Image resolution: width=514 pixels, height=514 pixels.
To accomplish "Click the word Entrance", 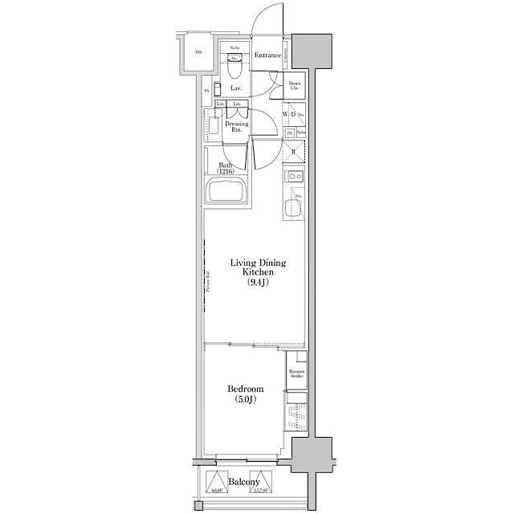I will pyautogui.click(x=267, y=55).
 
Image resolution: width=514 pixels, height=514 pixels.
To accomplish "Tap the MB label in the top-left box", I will pyautogui.click(x=198, y=54).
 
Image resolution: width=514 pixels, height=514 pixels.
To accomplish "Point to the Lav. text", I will pyautogui.click(x=236, y=88).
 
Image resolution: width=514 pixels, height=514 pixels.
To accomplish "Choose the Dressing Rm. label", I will pyautogui.click(x=236, y=126).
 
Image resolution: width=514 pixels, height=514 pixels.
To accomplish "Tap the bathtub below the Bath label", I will pyautogui.click(x=229, y=192).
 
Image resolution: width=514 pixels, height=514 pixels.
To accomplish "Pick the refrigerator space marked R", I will pyautogui.click(x=294, y=151).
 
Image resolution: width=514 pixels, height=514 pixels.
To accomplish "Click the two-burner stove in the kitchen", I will pyautogui.click(x=294, y=177).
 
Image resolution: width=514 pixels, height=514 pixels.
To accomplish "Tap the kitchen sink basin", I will pyautogui.click(x=294, y=207).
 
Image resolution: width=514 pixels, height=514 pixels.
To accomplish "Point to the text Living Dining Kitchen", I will pyautogui.click(x=258, y=267).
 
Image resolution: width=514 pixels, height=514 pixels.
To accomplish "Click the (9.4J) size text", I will pyautogui.click(x=259, y=283).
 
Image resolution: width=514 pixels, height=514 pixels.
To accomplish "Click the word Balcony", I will pyautogui.click(x=243, y=482).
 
